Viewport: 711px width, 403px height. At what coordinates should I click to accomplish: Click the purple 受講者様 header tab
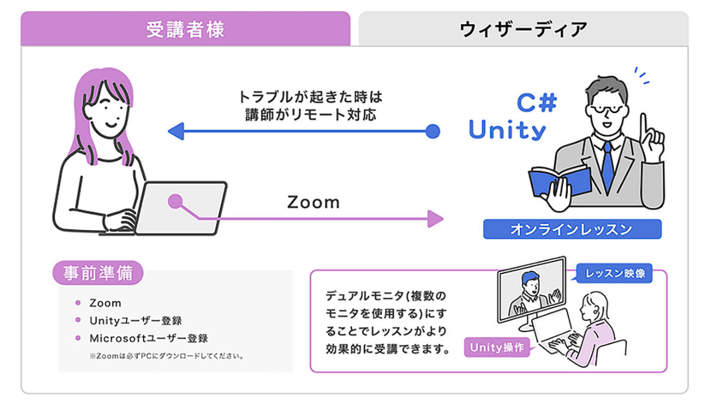point(185,28)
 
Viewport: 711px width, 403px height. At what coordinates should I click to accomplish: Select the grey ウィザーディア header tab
point(523,28)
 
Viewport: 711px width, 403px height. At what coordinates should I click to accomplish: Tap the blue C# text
point(537,102)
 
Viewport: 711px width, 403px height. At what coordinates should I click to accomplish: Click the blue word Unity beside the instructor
point(507,130)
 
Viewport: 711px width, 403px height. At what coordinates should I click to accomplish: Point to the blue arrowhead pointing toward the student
point(176,131)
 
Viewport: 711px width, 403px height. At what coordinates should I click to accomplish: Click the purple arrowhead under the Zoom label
point(435,218)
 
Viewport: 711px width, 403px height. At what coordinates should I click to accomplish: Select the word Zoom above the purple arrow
point(313,202)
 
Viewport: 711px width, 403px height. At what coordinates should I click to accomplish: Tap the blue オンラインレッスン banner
point(572,229)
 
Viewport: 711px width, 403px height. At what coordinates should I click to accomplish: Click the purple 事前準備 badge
point(98,273)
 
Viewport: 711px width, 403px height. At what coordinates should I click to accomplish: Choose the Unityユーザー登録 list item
point(136,321)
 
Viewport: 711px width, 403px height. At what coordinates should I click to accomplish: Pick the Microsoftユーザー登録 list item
point(149,338)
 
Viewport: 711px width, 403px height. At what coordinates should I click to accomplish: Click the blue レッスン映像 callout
point(614,273)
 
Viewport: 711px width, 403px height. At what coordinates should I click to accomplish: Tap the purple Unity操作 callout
point(497,347)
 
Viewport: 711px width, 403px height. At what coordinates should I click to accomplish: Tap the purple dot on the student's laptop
point(175,201)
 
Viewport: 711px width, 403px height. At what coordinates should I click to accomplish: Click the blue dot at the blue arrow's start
point(433,131)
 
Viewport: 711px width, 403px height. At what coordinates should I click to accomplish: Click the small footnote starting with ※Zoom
point(167,356)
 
